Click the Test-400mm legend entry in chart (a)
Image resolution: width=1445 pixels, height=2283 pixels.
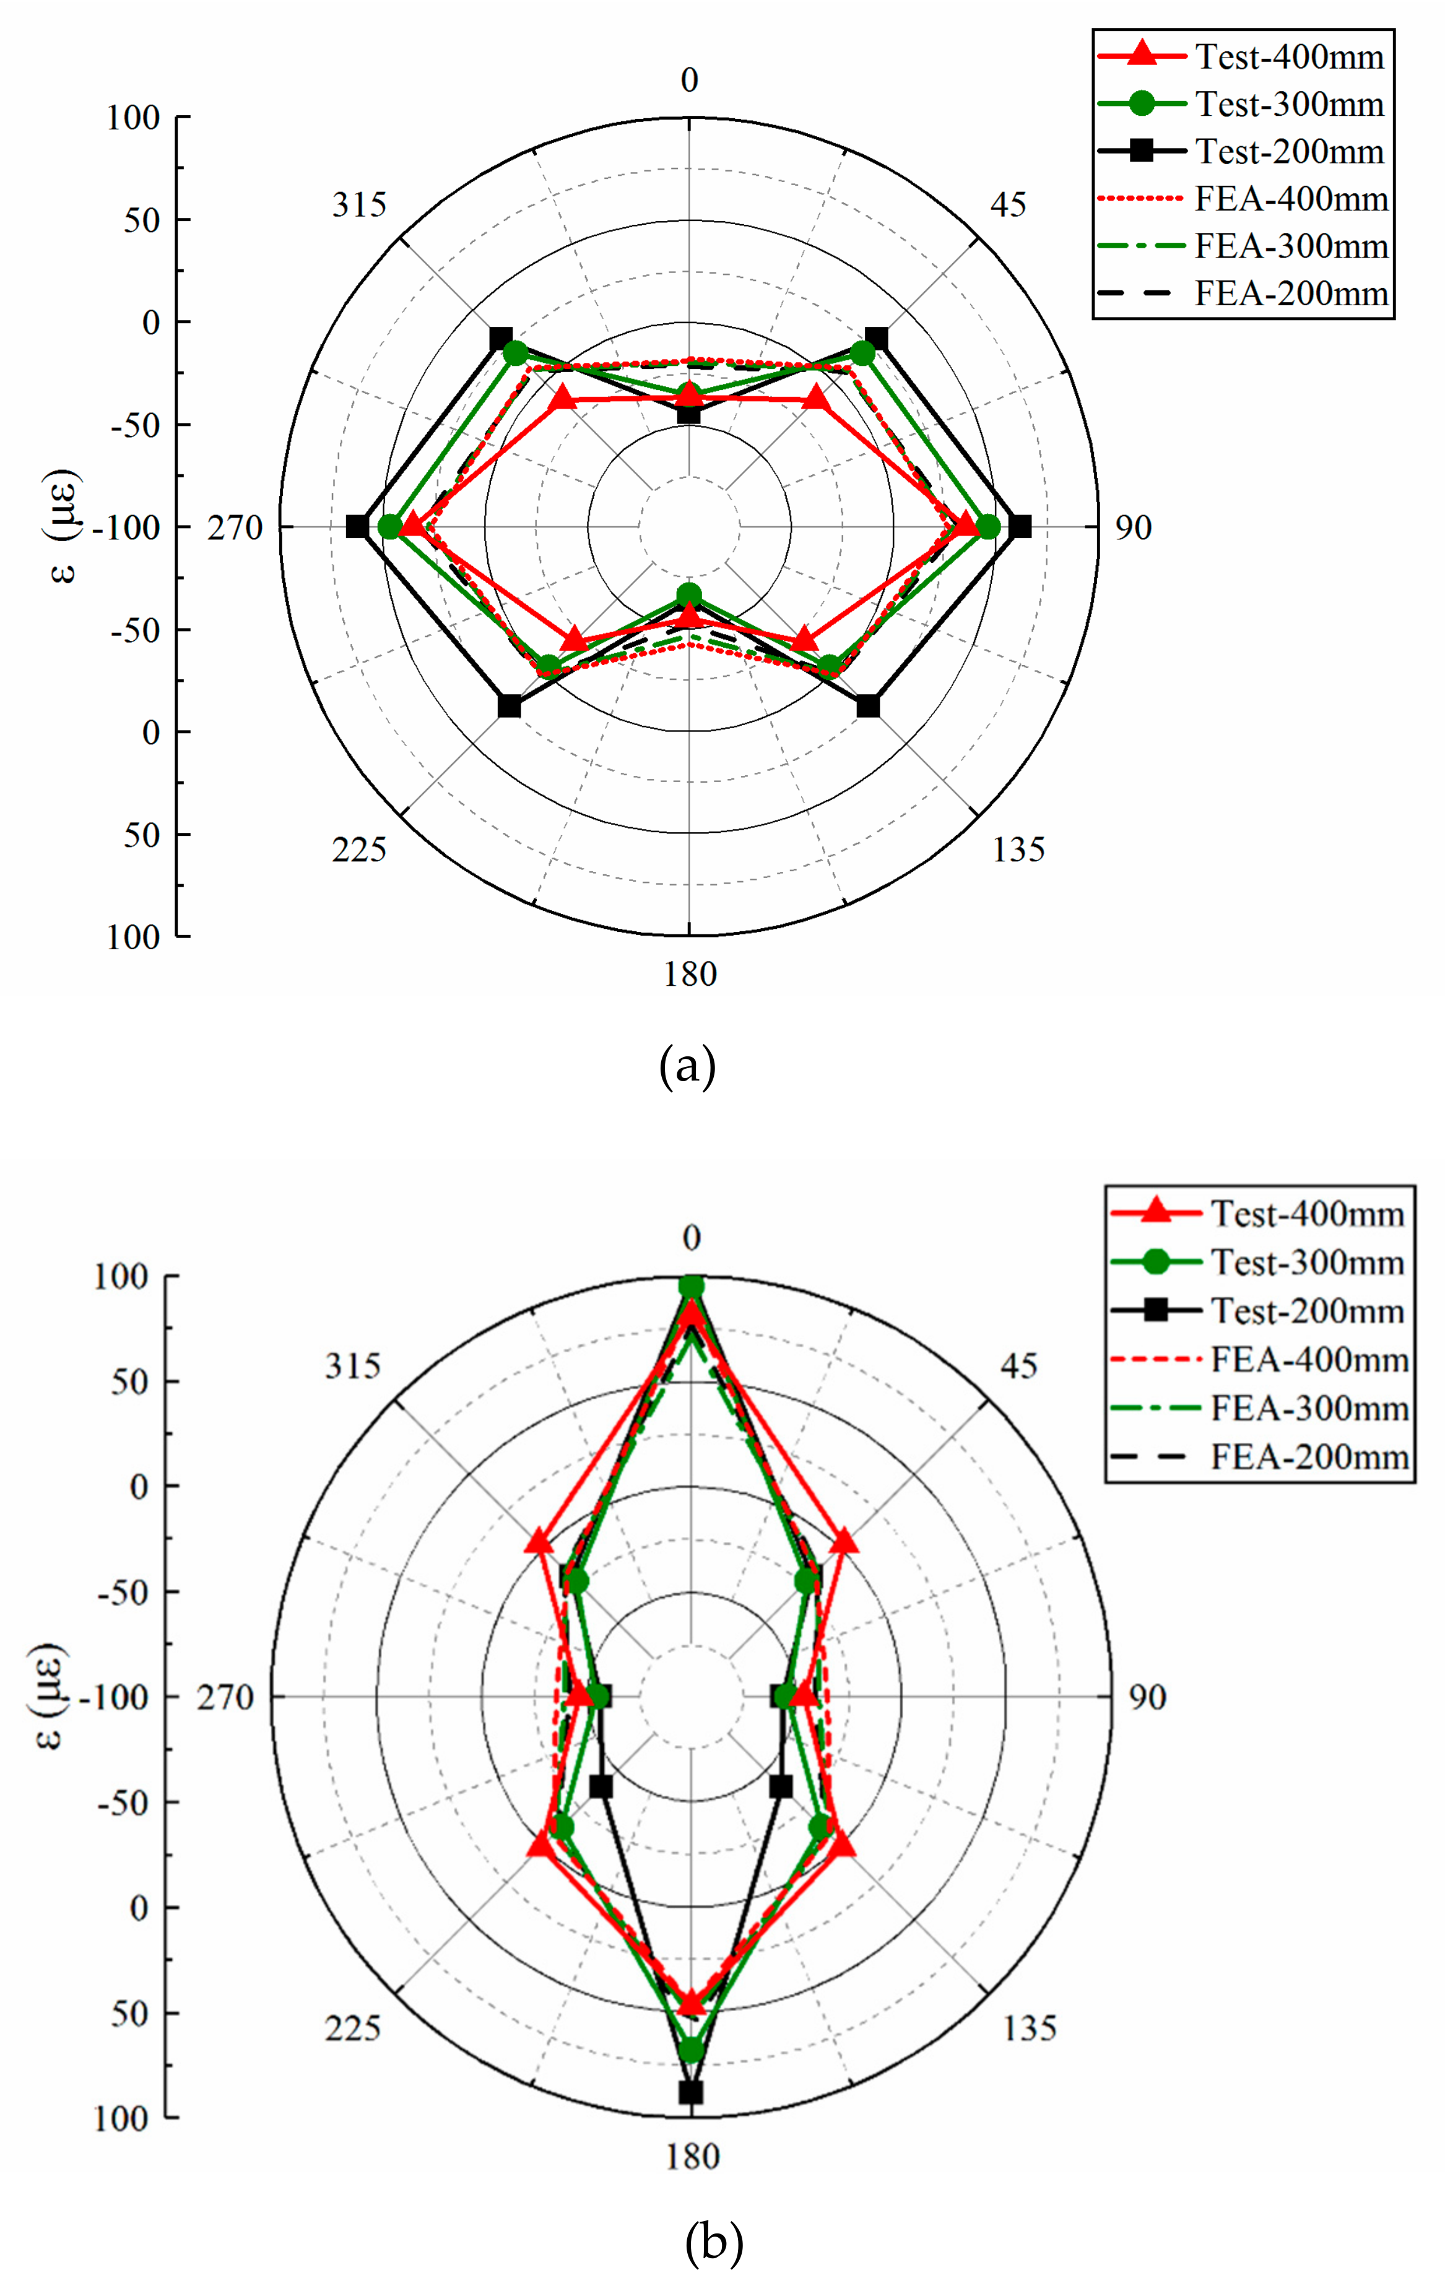(1242, 57)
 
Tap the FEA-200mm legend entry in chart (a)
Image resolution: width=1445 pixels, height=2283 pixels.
(1242, 294)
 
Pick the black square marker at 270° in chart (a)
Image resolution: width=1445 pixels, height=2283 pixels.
(357, 527)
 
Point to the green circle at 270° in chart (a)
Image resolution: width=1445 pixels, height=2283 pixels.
(389, 527)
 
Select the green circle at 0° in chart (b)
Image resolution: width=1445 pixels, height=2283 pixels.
(691, 1287)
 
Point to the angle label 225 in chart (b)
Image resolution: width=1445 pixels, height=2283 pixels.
(353, 2029)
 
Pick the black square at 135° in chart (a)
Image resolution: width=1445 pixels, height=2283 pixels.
(867, 707)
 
